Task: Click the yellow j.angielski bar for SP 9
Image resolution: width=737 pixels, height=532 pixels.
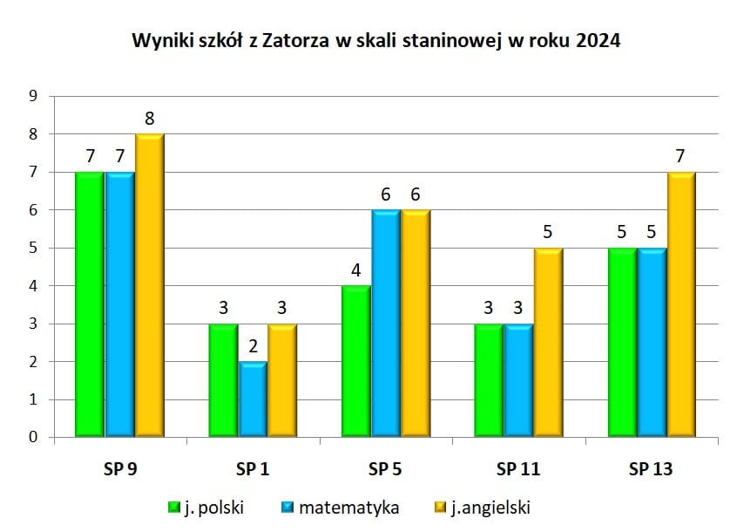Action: pyautogui.click(x=149, y=285)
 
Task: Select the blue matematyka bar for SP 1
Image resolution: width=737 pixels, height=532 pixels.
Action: pyautogui.click(x=252, y=399)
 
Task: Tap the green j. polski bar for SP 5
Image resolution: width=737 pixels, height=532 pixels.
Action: pyautogui.click(x=355, y=361)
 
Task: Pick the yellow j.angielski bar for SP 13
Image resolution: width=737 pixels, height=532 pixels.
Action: pyautogui.click(x=680, y=304)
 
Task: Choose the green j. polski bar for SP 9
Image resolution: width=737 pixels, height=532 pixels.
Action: pyautogui.click(x=90, y=304)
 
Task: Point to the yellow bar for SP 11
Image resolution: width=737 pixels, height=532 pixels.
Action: pyautogui.click(x=547, y=342)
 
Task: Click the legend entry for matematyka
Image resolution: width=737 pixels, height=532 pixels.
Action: pyautogui.click(x=341, y=507)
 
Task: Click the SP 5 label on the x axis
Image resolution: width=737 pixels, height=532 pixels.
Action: pyautogui.click(x=385, y=468)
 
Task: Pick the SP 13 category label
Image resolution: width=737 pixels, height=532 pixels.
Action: pyautogui.click(x=651, y=468)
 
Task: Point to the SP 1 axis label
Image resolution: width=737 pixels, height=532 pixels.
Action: pyautogui.click(x=253, y=468)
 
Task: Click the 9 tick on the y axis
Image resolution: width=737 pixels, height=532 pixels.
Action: pyautogui.click(x=35, y=97)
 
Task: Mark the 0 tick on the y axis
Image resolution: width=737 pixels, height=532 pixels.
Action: pyautogui.click(x=35, y=438)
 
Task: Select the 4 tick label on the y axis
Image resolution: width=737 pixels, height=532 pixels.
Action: pyautogui.click(x=35, y=286)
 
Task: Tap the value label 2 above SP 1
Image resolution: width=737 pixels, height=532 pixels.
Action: pyautogui.click(x=252, y=347)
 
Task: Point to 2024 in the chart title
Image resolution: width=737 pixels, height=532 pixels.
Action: pyautogui.click(x=598, y=41)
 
